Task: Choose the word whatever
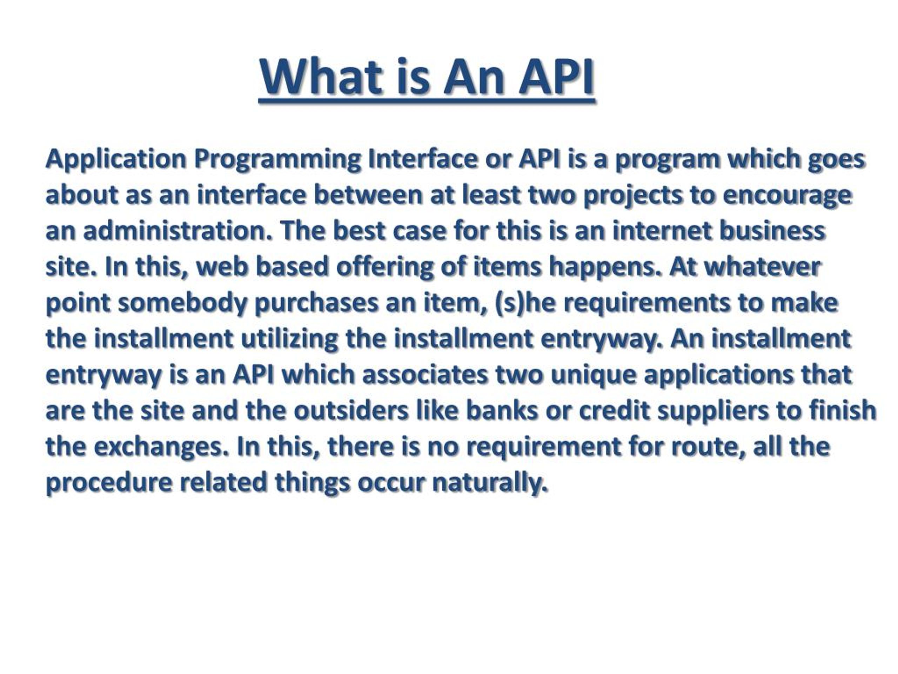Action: (762, 267)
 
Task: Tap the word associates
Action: (425, 374)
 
